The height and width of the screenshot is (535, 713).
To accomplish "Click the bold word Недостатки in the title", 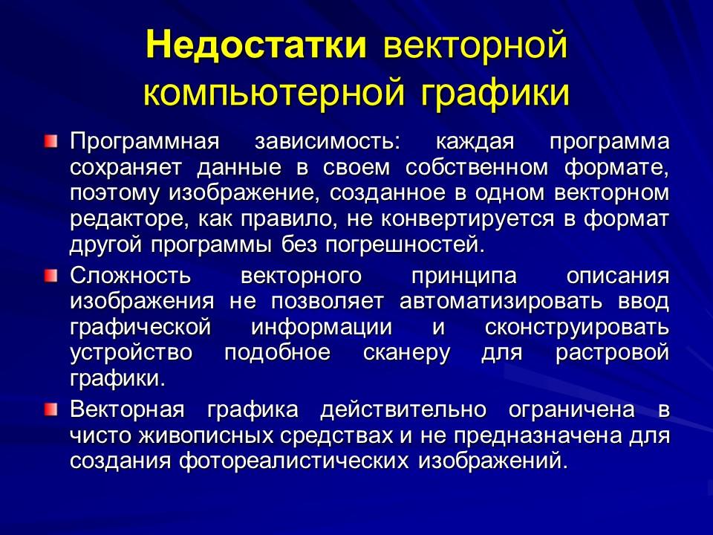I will click(257, 45).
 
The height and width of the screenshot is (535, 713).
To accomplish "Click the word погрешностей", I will click(387, 244).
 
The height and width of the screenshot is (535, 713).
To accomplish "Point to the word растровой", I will click(613, 354).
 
